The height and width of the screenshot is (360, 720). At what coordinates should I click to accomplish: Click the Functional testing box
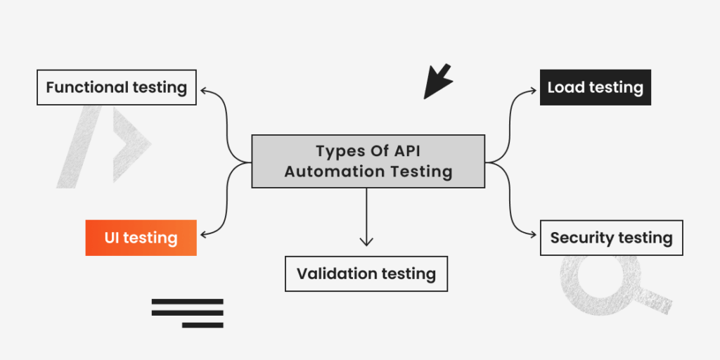pos(117,87)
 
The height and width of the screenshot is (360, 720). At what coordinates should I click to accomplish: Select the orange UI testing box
pos(141,238)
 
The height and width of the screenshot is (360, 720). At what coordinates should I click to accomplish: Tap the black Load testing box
pos(596,87)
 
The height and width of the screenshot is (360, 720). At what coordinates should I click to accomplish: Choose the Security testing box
pos(611,238)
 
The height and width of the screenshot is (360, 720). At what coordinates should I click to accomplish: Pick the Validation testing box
pos(366,274)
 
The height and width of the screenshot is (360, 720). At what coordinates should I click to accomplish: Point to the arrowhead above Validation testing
pos(366,242)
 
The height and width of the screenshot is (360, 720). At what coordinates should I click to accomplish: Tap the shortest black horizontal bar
pos(202,325)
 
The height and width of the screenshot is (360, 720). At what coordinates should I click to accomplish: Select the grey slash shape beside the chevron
pos(79,146)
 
